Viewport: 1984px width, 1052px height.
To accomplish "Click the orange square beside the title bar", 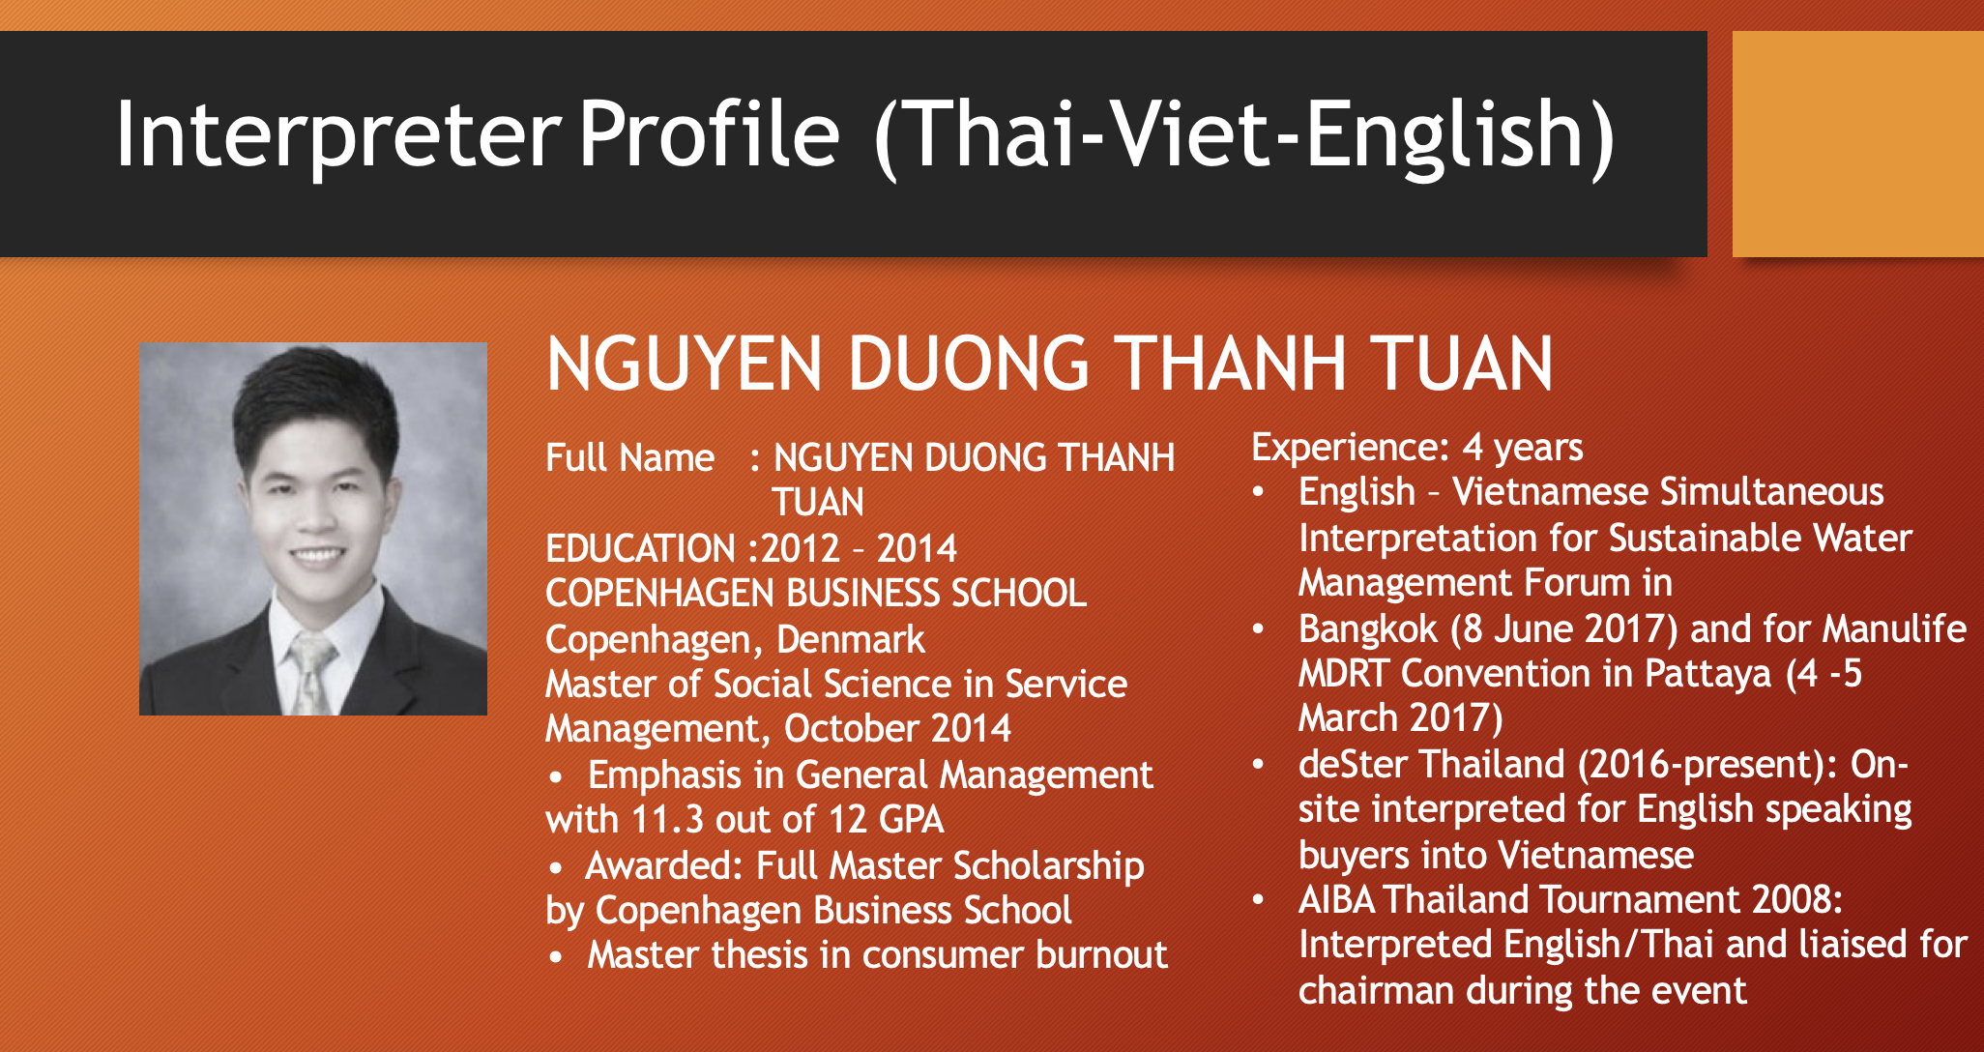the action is (x=1857, y=144).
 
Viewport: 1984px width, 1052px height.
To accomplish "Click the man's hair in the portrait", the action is (x=314, y=406).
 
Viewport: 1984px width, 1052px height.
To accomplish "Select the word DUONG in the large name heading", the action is (x=970, y=365).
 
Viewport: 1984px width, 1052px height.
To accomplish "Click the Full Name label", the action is (x=629, y=457).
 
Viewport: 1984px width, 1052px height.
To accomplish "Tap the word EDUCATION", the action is (x=640, y=548).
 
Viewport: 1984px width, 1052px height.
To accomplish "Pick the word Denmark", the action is (x=850, y=639).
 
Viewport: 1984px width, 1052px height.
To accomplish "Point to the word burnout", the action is (x=1101, y=955).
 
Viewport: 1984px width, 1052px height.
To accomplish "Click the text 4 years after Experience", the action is (x=1523, y=448).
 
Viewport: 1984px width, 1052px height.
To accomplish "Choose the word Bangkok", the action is (x=1367, y=628).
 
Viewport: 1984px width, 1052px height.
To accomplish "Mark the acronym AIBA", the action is (x=1336, y=900).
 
